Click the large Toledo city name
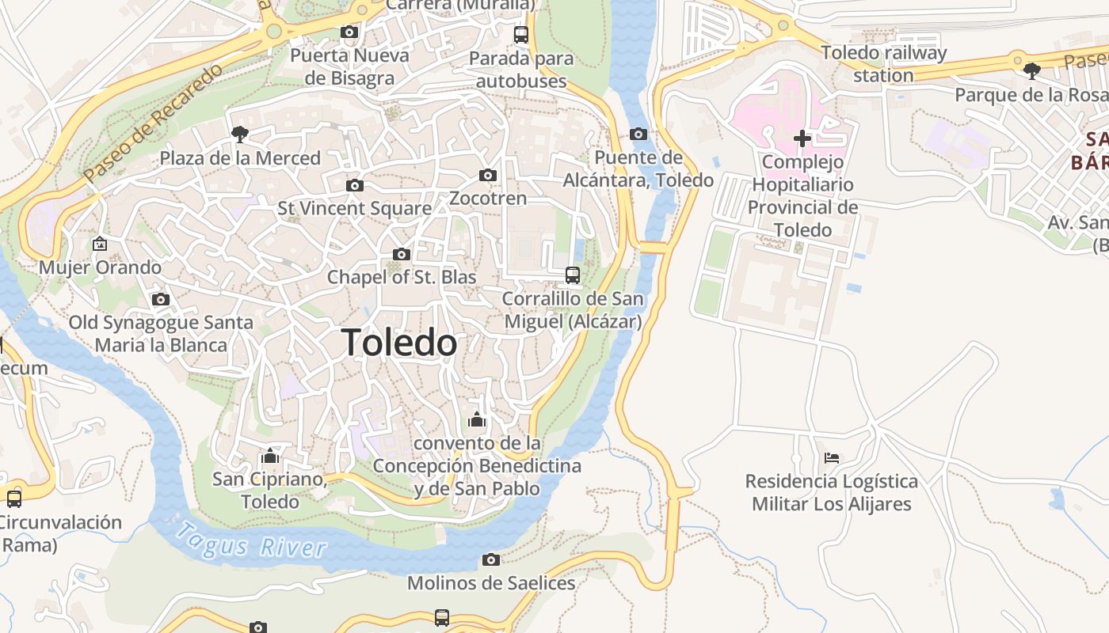[x=400, y=343]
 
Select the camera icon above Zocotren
[x=488, y=175]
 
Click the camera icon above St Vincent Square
[x=355, y=185]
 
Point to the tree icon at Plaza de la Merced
[x=239, y=135]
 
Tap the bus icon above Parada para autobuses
[x=520, y=35]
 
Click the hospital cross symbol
[x=802, y=138]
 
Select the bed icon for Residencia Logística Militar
[x=831, y=457]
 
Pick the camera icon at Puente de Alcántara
[x=638, y=134]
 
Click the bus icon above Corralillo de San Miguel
[x=573, y=275]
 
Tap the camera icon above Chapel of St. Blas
[x=402, y=254]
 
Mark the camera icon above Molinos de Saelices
[x=491, y=559]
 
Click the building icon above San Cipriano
[x=270, y=456]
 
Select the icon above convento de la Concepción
[x=477, y=419]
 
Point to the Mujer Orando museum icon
[x=100, y=244]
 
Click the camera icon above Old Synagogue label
[x=161, y=299]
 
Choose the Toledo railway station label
[x=883, y=64]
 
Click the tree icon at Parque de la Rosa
[x=1031, y=71]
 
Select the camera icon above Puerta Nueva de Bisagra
[x=349, y=32]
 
